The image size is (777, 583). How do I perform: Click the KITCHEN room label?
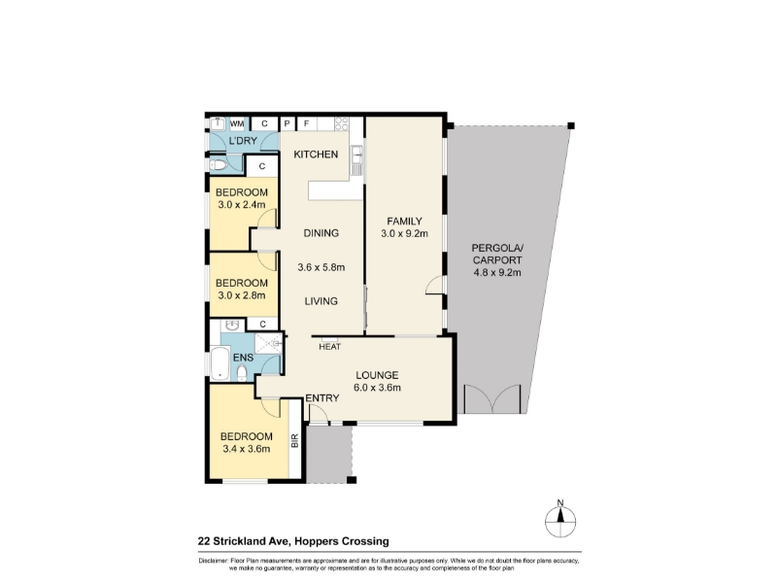[316, 154]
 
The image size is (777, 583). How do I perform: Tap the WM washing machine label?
[237, 124]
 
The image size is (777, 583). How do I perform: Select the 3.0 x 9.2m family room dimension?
[404, 233]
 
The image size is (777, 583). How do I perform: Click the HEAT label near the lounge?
[329, 347]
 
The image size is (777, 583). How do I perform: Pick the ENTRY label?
[322, 398]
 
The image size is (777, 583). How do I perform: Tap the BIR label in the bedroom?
[295, 441]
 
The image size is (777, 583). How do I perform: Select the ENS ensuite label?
[243, 358]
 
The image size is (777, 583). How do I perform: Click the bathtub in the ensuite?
[220, 363]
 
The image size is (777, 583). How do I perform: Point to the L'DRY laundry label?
[243, 141]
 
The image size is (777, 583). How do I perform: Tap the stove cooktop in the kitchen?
[342, 123]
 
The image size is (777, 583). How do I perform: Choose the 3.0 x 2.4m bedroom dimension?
[241, 205]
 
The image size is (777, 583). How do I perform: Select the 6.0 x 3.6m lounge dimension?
[377, 388]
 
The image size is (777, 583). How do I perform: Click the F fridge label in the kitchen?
[306, 123]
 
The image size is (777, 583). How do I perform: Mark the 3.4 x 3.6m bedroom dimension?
[246, 449]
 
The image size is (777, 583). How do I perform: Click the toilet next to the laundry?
[218, 165]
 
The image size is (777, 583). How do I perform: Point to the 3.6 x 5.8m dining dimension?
[321, 268]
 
